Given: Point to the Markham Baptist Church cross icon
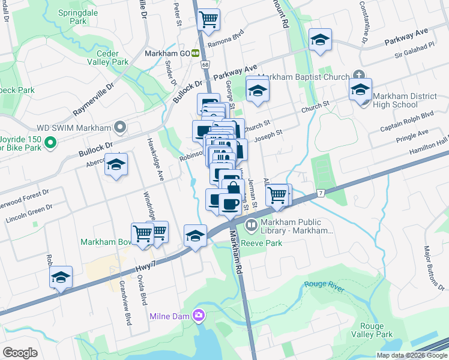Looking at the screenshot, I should pyautogui.click(x=358, y=76).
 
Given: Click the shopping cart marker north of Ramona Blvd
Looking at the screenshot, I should pyautogui.click(x=208, y=20).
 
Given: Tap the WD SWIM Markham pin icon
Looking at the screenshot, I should pyautogui.click(x=120, y=127).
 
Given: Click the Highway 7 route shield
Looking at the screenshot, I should pyautogui.click(x=321, y=193).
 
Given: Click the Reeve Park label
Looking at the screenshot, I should pyautogui.click(x=266, y=243).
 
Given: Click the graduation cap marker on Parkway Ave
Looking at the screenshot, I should pyautogui.click(x=321, y=41).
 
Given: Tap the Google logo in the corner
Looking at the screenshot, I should pyautogui.click(x=20, y=352).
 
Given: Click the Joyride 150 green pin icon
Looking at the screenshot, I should pyautogui.click(x=51, y=143).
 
